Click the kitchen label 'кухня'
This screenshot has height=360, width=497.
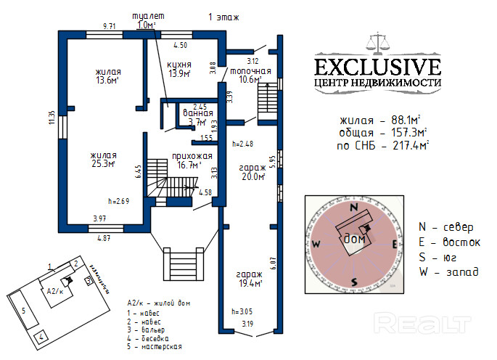179,64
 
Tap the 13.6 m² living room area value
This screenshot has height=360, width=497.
107,81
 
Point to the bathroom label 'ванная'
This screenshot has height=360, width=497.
194,112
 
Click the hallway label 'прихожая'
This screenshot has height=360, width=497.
192,155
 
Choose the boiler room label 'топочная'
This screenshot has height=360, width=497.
250,71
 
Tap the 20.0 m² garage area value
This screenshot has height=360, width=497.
252,176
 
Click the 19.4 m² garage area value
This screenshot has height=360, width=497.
248,283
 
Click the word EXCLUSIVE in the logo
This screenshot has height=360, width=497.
377,67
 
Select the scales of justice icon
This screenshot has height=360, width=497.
378,41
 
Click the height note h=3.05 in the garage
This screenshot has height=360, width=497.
241,311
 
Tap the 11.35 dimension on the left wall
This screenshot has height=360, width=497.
52,118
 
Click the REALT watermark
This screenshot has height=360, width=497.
415,321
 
